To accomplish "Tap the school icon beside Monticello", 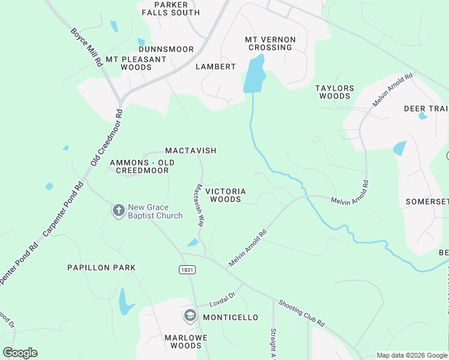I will [x=190, y=316].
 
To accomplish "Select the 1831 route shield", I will [x=186, y=270].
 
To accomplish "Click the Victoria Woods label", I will [x=226, y=195].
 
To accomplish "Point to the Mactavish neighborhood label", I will [x=190, y=151].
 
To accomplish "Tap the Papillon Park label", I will [x=101, y=268].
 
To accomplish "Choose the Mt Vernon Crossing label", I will [x=270, y=44].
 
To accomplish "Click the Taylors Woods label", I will [x=334, y=92].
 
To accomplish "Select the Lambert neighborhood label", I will [x=215, y=67].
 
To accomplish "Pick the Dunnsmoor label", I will [x=166, y=49].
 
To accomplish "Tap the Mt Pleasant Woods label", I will [x=136, y=64].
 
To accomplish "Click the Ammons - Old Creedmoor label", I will [x=142, y=167].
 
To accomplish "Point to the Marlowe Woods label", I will [x=186, y=341].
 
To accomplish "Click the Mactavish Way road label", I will [x=199, y=205].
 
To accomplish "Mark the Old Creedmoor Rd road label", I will [x=106, y=137].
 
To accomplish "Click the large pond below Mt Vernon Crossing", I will [x=255, y=75].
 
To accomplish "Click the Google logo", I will [x=20, y=353].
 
